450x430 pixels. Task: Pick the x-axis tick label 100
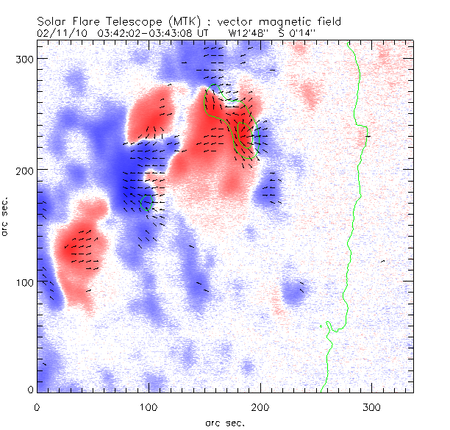[x=149, y=406]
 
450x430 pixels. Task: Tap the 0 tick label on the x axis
[x=37, y=406]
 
